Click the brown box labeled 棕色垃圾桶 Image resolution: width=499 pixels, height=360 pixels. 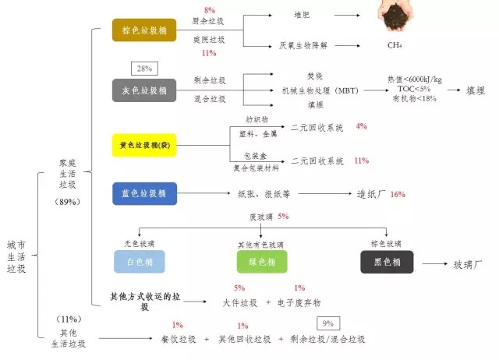click(144, 31)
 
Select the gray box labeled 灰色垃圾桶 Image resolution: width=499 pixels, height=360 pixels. click(144, 90)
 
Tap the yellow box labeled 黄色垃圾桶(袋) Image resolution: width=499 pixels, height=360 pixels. click(144, 146)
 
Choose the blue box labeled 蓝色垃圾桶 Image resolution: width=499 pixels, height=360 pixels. click(144, 193)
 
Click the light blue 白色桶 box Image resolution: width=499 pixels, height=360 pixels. click(140, 262)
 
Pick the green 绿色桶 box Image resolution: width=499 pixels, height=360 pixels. click(262, 262)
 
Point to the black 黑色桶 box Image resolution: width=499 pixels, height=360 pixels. click(387, 262)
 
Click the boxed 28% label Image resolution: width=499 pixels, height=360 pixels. click(145, 69)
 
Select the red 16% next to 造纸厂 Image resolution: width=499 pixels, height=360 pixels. click(398, 194)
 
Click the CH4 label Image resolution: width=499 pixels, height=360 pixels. click(395, 45)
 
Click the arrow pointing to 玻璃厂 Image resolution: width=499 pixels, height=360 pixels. click(434, 264)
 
